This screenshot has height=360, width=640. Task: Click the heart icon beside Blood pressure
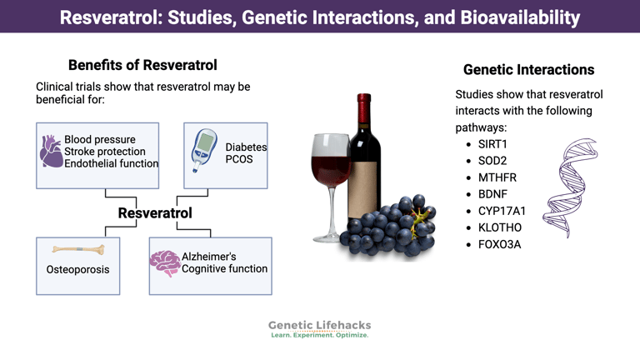point(51,152)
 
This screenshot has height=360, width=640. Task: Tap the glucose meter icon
point(203,151)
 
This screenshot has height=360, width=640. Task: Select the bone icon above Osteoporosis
point(78,249)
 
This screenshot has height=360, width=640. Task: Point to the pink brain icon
point(165,263)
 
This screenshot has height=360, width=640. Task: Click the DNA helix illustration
point(570,187)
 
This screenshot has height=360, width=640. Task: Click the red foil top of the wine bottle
point(364,109)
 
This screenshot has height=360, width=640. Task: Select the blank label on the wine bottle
point(362,189)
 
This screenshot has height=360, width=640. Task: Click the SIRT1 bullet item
point(492,144)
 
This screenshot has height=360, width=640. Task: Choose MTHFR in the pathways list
point(497,177)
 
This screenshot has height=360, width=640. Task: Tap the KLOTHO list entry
point(500,227)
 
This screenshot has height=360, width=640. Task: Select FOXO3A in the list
point(500,244)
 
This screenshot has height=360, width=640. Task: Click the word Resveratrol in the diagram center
point(155,212)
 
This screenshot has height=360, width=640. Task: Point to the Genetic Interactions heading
point(528,70)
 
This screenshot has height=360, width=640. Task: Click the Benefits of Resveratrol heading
point(142,65)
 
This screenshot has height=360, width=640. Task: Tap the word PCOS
point(239,159)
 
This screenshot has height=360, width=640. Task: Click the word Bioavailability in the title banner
point(520,17)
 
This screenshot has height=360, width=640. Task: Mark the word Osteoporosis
point(78,269)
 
